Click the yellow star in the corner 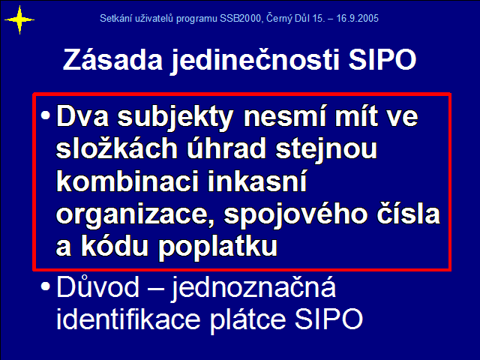[19, 20]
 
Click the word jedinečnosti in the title [255, 60]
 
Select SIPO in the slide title [382, 59]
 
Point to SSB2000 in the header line [240, 18]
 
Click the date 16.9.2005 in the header [357, 18]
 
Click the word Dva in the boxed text [82, 116]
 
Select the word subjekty [175, 118]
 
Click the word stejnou [326, 149]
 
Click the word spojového [295, 214]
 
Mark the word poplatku [217, 247]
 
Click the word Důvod [98, 286]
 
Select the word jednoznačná [253, 288]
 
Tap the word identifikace [128, 319]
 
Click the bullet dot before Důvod [45, 286]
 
